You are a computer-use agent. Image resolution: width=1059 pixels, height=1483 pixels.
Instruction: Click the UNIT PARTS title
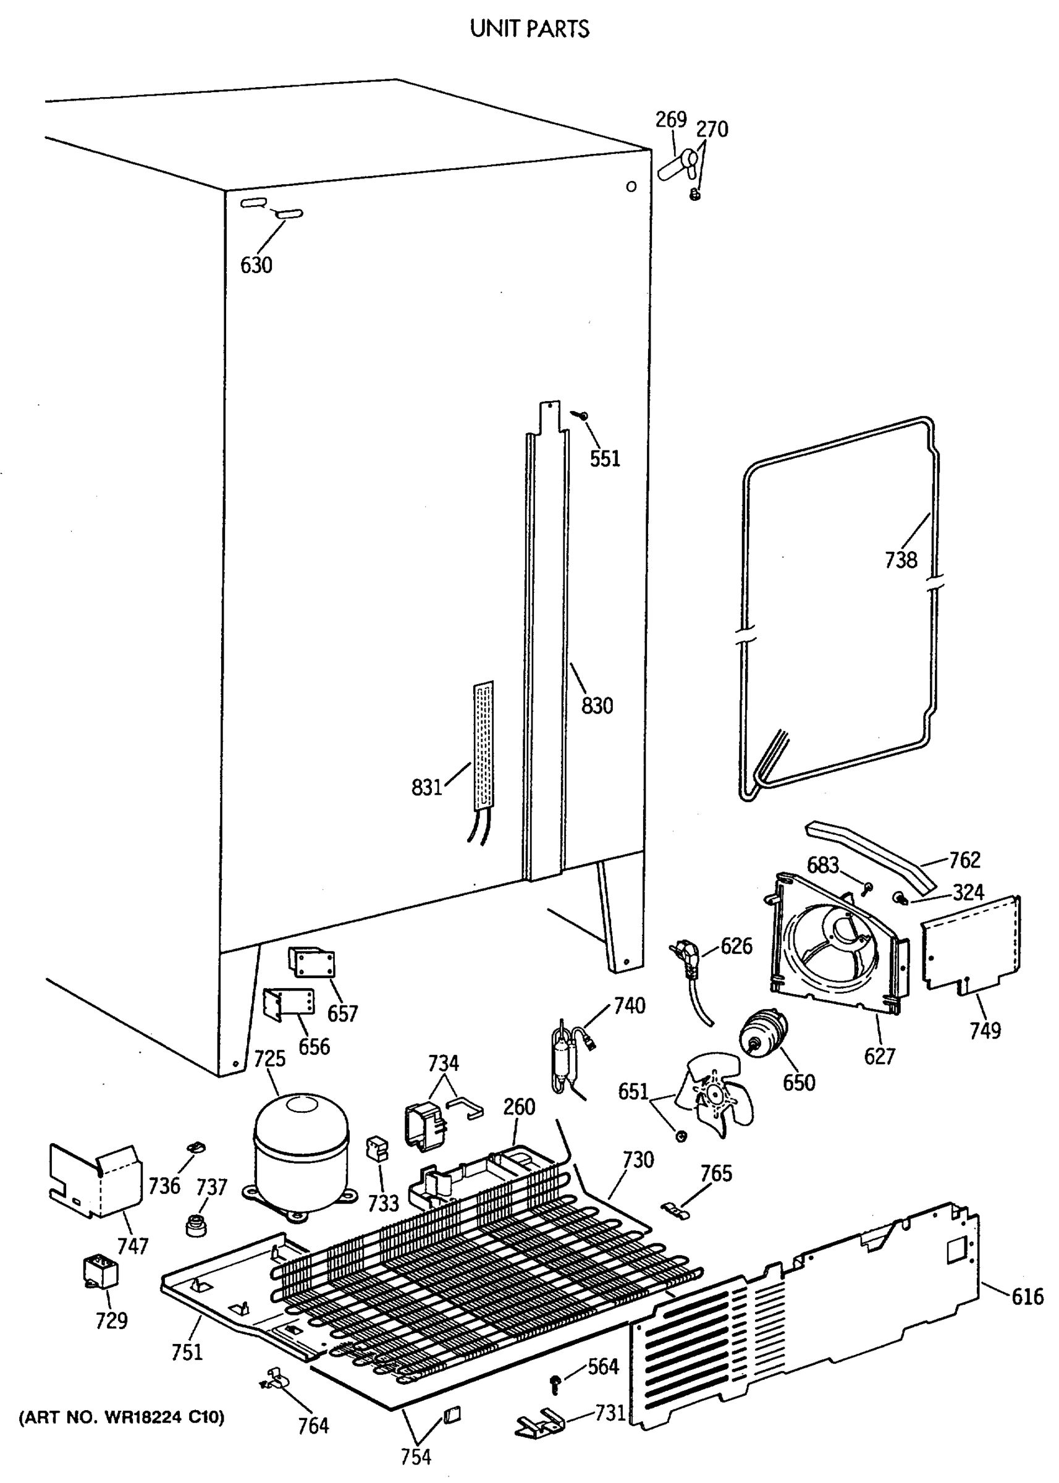[529, 28]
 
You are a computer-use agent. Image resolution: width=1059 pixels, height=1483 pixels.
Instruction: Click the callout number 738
[901, 560]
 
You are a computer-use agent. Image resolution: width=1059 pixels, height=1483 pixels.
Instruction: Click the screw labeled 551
[580, 413]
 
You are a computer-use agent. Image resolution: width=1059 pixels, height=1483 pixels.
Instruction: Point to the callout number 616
[1027, 1296]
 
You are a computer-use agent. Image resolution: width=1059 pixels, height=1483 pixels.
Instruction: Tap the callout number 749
[985, 1031]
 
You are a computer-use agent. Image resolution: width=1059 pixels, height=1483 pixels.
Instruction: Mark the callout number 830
[597, 705]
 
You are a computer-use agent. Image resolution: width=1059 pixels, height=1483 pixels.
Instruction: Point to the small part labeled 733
[377, 1148]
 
